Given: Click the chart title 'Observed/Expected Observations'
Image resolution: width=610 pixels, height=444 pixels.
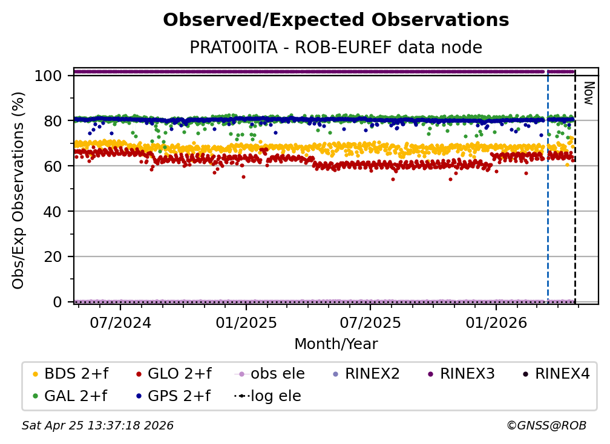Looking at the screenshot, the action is [x=336, y=20].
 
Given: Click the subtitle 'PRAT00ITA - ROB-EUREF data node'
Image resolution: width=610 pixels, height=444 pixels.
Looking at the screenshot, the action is [x=336, y=47].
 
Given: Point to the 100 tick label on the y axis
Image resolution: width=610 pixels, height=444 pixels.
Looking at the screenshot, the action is [x=48, y=76].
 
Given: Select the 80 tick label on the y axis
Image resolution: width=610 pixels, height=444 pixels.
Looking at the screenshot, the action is [x=53, y=121].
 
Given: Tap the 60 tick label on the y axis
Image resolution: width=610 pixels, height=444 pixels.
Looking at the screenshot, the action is [x=53, y=166].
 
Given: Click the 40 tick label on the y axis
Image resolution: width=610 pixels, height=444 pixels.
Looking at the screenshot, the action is [x=53, y=212].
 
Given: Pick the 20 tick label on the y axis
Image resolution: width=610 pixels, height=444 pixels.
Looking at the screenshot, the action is [x=53, y=257].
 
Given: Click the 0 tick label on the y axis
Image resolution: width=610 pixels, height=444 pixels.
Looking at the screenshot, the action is [x=57, y=302].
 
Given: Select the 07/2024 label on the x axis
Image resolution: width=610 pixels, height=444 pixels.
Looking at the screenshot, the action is [x=120, y=322].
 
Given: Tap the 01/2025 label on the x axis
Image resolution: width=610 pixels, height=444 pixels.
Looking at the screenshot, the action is [x=246, y=322].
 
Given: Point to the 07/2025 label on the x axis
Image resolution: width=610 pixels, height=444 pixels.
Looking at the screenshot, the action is [x=370, y=322].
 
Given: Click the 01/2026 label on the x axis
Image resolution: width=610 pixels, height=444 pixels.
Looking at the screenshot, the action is [x=496, y=322].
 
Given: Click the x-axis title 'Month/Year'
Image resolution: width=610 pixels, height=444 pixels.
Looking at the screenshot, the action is [x=336, y=344].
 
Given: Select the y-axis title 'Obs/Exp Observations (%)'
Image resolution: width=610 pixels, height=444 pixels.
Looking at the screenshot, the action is [x=18, y=190].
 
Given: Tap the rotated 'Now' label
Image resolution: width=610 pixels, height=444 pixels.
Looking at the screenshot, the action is [x=589, y=93].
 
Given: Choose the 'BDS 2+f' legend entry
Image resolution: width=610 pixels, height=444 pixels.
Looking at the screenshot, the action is [x=70, y=374].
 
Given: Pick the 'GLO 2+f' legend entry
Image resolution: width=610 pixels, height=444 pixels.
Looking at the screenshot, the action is [x=174, y=374].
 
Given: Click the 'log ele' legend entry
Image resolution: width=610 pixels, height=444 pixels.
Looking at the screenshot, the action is [x=267, y=396].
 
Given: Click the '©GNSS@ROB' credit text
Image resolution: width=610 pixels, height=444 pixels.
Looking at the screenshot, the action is [x=546, y=425].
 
